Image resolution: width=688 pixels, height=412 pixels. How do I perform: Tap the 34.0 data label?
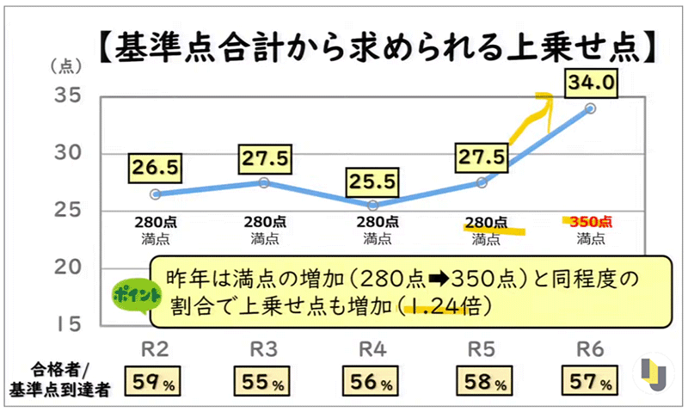(x=590, y=83)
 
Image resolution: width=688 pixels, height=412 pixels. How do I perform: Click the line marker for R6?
(x=590, y=108)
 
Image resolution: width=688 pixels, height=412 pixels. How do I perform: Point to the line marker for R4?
(x=372, y=206)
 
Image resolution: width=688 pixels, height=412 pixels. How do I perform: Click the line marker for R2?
(x=155, y=194)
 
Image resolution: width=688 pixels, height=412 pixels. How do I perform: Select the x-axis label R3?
(x=264, y=348)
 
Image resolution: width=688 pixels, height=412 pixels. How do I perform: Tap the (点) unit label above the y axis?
(x=64, y=66)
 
